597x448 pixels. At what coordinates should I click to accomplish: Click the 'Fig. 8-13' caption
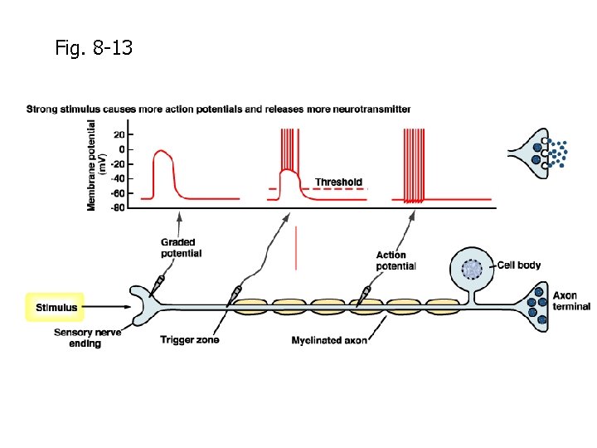coord(93,48)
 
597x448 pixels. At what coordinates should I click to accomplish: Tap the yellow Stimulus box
coord(56,307)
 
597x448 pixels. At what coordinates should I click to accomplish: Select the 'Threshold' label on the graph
coord(338,182)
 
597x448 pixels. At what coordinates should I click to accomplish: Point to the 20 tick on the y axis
coord(119,134)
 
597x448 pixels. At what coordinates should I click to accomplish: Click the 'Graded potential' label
coord(181,248)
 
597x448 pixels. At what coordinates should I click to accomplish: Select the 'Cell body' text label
coord(519,265)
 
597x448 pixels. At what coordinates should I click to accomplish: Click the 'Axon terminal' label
coord(571,300)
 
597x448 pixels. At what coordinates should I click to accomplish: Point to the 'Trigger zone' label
coord(190,340)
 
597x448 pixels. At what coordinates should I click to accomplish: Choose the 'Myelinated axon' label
coord(329,340)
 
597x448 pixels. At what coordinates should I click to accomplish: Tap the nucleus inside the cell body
coord(471,269)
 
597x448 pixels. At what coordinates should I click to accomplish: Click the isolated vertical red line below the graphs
coord(295,249)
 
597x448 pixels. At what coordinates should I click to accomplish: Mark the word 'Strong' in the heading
coord(42,109)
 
